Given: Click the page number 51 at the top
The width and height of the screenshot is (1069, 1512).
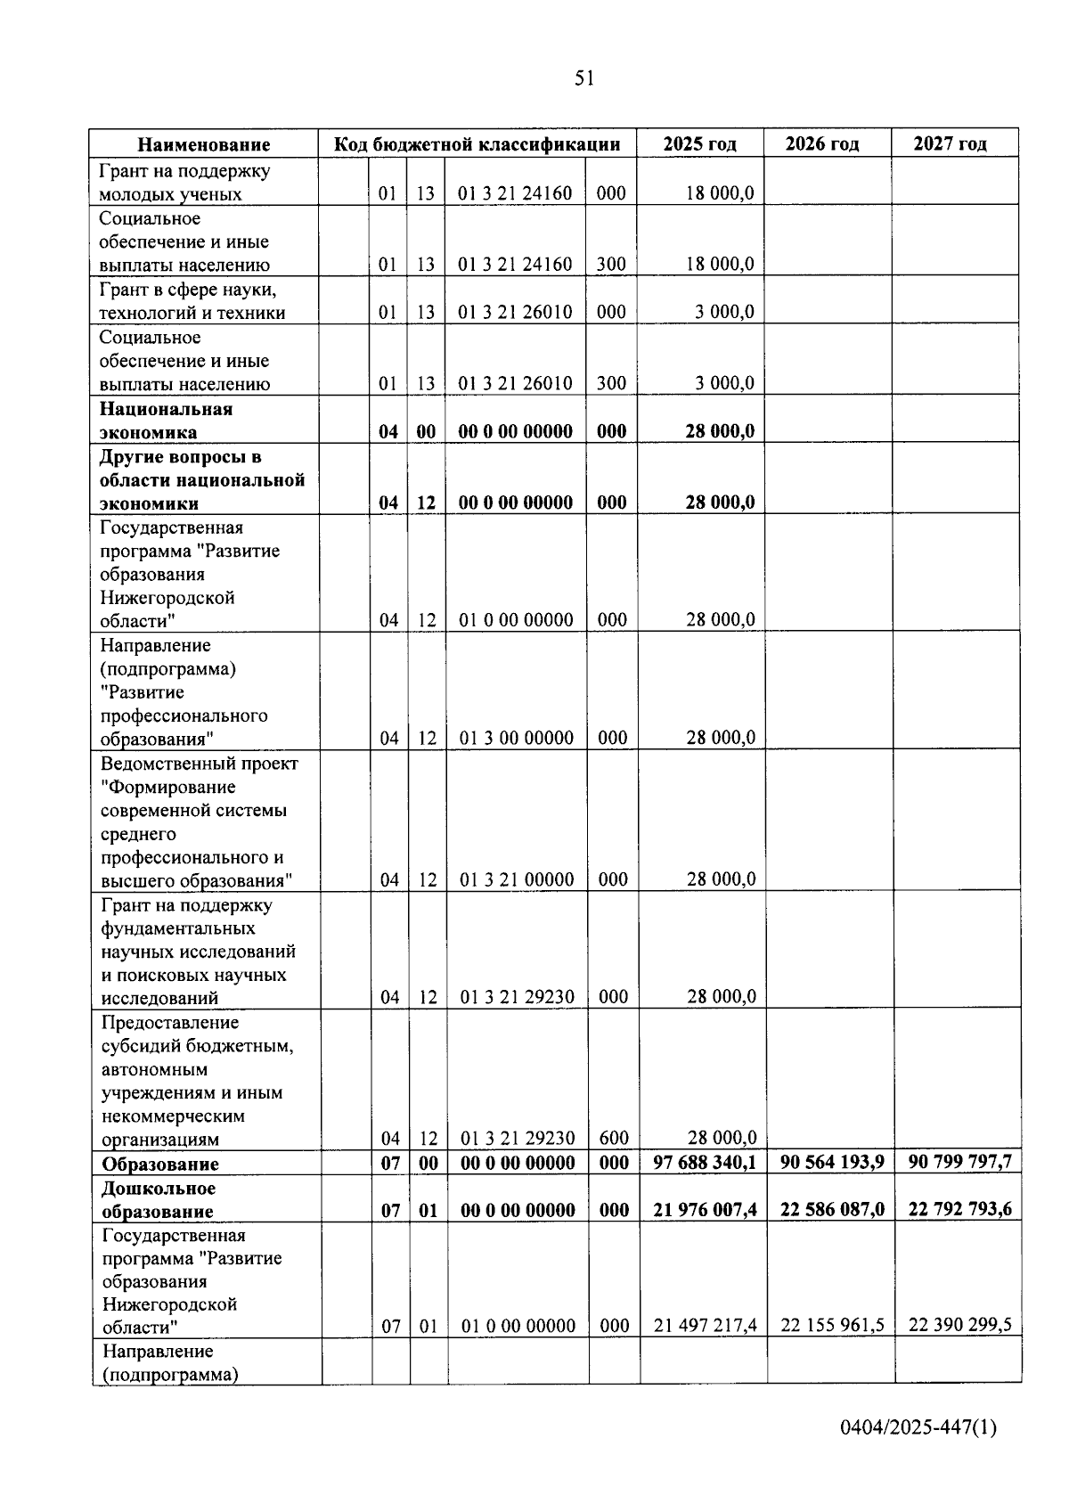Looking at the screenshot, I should [x=583, y=78].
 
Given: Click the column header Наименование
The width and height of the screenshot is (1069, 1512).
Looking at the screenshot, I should [x=204, y=144].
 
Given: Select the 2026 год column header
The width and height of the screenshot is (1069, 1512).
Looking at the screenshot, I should [x=828, y=143].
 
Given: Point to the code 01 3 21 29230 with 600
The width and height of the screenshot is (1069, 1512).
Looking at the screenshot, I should [x=517, y=1138].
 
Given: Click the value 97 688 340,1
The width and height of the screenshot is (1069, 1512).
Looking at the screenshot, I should [x=704, y=1162].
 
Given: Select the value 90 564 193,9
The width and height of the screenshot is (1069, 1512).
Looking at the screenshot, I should [x=832, y=1162].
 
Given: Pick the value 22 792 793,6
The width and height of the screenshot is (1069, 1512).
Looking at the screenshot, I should [x=959, y=1209].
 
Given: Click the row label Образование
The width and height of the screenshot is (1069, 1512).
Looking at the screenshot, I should [x=160, y=1164].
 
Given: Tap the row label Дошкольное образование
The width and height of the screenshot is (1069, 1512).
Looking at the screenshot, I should [x=159, y=1199].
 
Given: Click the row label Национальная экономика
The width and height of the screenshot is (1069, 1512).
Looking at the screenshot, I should [x=166, y=421].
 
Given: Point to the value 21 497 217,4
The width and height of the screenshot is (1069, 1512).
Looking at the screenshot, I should [x=705, y=1325].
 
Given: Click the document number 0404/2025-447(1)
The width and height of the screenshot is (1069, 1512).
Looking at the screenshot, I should [x=917, y=1427].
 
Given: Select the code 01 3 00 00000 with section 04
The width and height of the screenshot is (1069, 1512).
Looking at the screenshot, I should [x=517, y=738].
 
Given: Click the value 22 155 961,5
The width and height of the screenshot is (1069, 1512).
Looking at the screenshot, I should [x=832, y=1325].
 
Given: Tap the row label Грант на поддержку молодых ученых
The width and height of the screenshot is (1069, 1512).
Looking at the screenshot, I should [x=185, y=182].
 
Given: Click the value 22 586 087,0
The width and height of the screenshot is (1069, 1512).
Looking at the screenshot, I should [x=832, y=1209].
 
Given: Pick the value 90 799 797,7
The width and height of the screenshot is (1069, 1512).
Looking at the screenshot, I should [x=959, y=1162].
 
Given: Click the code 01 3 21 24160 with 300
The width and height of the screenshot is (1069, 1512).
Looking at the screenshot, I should [x=515, y=265].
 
